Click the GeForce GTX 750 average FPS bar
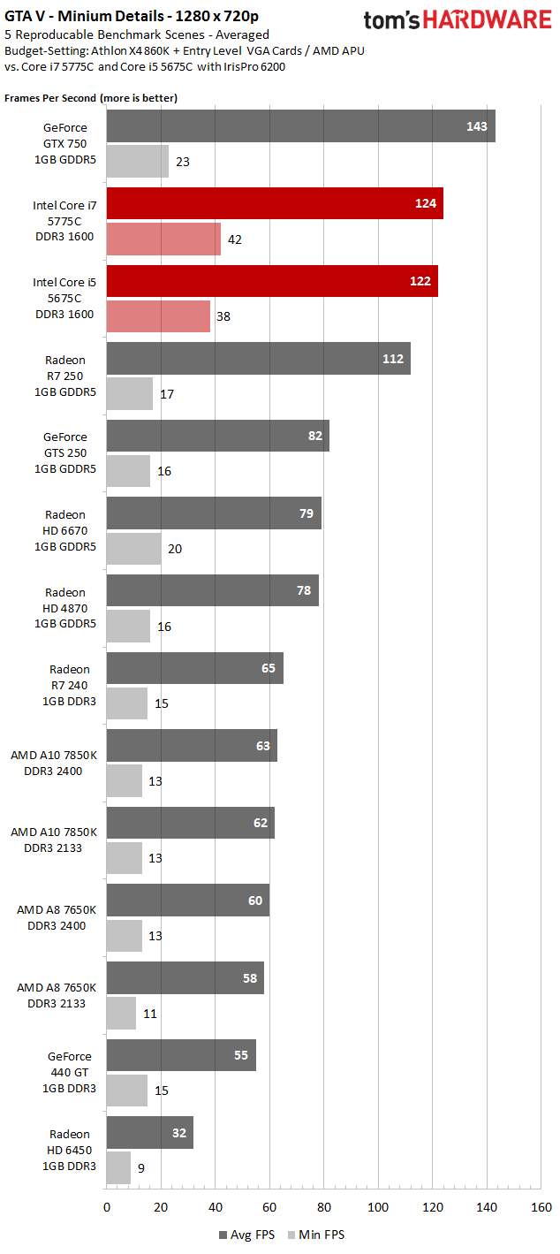(x=300, y=126)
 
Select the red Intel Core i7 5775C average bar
(x=275, y=203)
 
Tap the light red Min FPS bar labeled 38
(x=158, y=315)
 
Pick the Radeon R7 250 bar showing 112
(x=258, y=359)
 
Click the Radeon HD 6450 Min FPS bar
(x=118, y=1167)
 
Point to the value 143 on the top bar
(x=477, y=126)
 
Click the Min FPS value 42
(x=235, y=239)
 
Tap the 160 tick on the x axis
(x=541, y=1207)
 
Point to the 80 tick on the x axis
(x=323, y=1207)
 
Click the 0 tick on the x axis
(x=107, y=1207)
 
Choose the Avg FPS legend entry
(x=245, y=1235)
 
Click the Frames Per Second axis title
(x=91, y=98)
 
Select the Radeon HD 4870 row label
(x=67, y=607)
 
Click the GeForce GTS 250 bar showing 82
(x=217, y=437)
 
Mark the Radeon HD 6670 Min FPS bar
(x=133, y=549)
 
